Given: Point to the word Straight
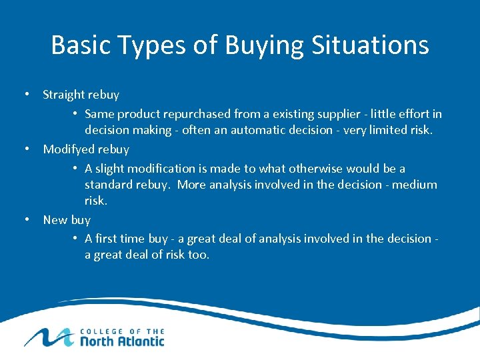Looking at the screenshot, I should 64,95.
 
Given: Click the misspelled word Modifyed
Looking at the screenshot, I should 67,149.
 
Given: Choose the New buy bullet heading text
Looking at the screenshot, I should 66,219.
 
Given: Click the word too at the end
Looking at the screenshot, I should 199,255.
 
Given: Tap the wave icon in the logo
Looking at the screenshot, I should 47,337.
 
